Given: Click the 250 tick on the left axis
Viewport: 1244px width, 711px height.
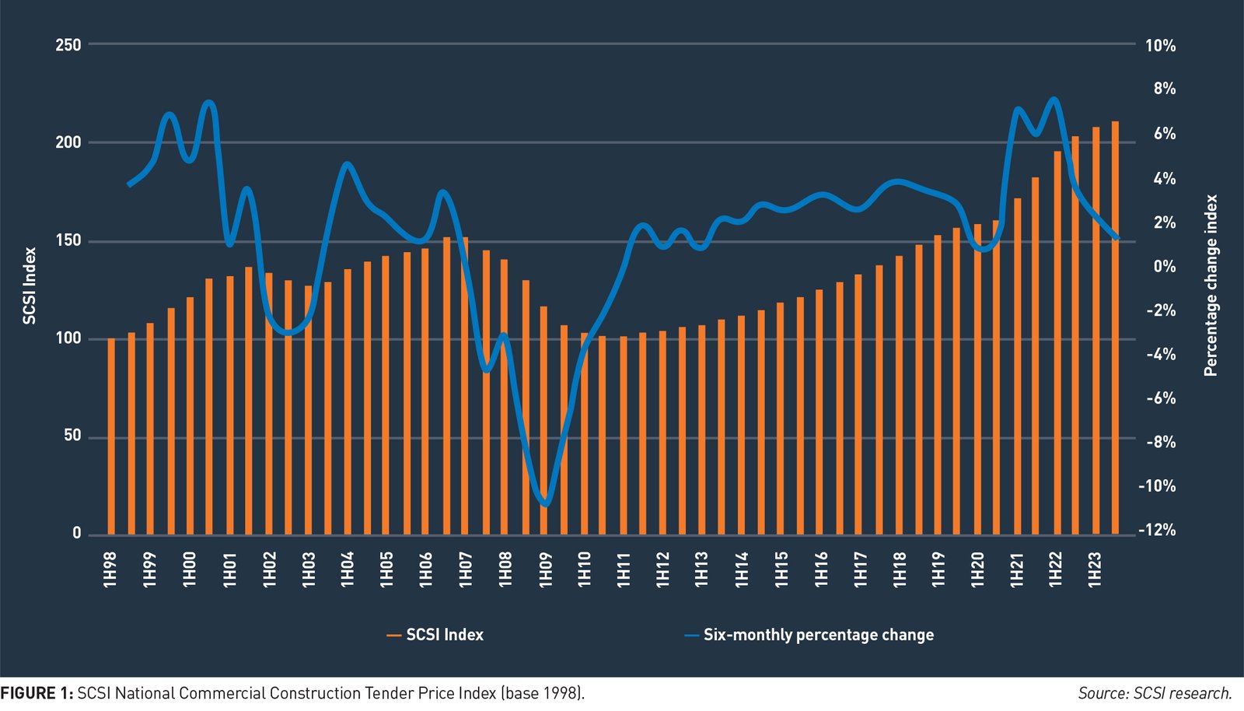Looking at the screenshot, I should click(68, 45).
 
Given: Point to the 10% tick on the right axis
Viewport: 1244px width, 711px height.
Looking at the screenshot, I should click(1160, 46).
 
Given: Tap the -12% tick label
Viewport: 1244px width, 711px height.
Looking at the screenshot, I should click(1158, 530).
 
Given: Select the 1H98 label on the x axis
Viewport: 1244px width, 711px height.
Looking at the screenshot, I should click(110, 569).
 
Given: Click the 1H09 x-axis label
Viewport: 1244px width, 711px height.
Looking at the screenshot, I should click(545, 569).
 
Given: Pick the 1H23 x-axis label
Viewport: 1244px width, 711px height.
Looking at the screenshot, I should click(1095, 569).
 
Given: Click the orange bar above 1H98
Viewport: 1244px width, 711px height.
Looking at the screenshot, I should click(111, 436).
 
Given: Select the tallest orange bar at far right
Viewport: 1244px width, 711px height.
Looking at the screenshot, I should click(1115, 327).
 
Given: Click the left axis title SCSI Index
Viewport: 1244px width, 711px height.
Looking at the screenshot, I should click(30, 285).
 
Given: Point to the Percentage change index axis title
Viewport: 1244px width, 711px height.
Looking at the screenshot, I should click(1211, 285).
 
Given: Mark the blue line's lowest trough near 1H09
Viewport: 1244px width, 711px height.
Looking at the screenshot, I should click(545, 504).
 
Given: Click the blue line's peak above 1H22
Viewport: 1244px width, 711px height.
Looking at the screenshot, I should click(1054, 99).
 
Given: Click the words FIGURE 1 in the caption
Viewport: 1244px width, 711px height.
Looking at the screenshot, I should click(36, 693).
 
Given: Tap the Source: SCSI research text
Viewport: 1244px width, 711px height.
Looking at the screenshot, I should click(1155, 693).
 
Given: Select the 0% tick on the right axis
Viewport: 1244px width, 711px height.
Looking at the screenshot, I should click(1164, 267).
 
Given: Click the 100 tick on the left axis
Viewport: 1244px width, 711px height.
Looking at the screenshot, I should click(68, 338).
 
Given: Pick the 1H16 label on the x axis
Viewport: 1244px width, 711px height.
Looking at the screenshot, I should click(821, 569).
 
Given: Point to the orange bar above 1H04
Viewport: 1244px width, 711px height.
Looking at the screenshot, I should click(348, 401).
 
